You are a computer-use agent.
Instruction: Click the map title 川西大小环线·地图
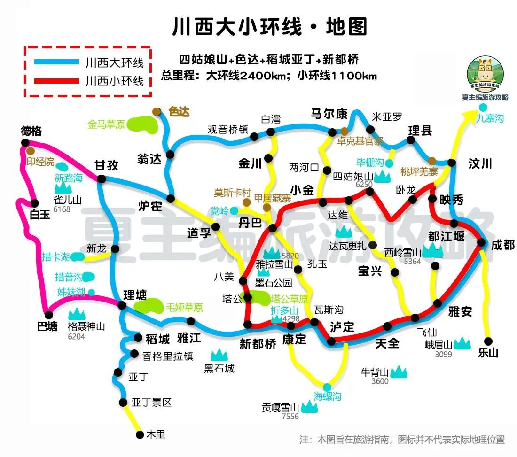[270, 27]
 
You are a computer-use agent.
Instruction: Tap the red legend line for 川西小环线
[56, 80]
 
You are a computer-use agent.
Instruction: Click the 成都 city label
[503, 245]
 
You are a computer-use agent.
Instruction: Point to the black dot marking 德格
[25, 142]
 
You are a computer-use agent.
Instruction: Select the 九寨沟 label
[489, 118]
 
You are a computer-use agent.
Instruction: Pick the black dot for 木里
[139, 434]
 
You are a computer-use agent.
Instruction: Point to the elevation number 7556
[290, 417]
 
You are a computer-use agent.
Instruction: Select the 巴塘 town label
[47, 326]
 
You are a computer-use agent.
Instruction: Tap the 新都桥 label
[258, 344]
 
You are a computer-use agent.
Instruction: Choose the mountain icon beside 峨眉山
[462, 343]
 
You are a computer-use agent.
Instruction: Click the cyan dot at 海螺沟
[327, 387]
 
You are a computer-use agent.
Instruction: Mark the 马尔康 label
[329, 114]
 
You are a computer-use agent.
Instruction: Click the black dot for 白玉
[34, 203]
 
